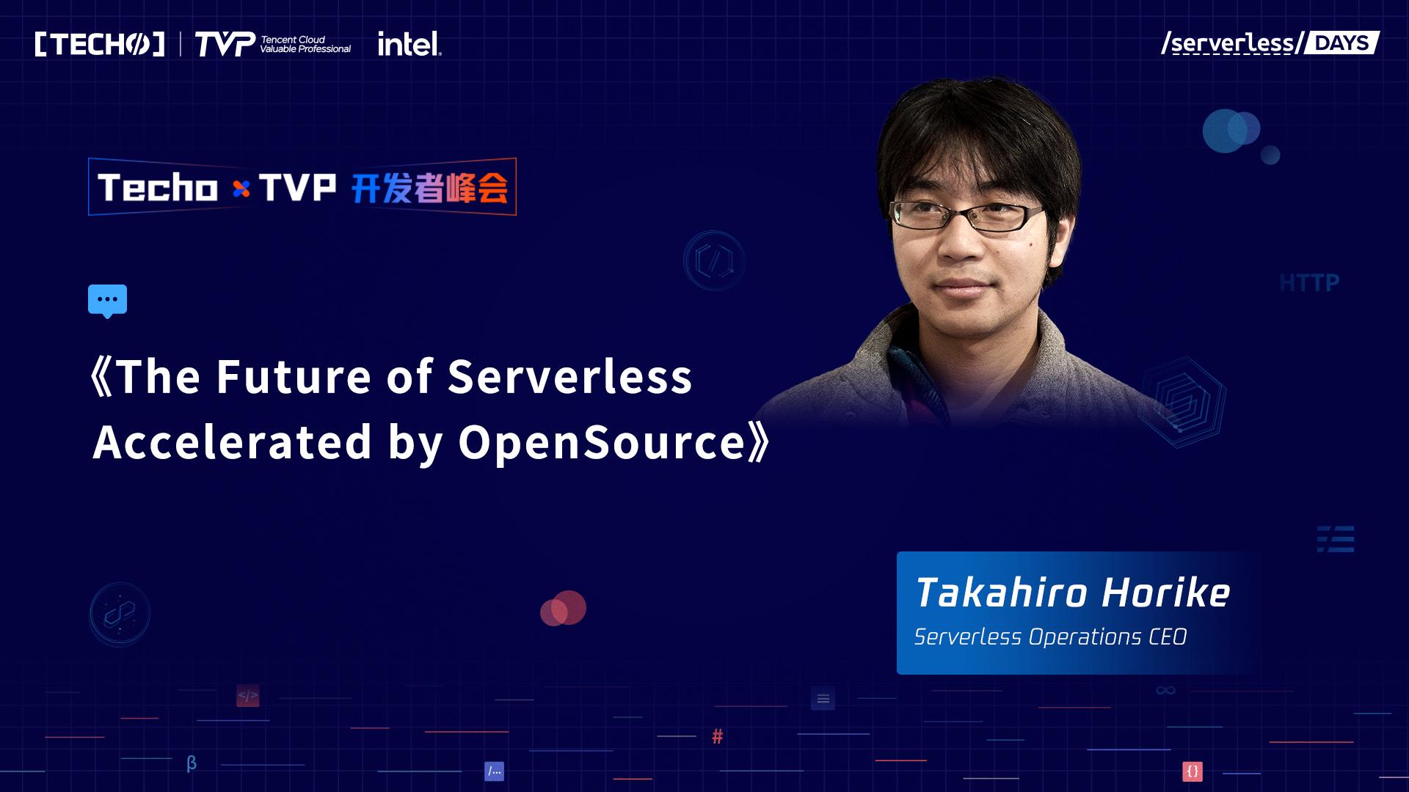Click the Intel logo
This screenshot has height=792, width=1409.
click(x=409, y=44)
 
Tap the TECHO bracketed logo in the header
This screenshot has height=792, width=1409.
click(x=100, y=44)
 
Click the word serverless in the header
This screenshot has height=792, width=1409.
click(x=1232, y=43)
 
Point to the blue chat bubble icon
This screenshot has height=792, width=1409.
click(x=107, y=301)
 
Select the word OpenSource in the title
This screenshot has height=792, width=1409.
click(x=602, y=443)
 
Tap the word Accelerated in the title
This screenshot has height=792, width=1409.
click(x=233, y=442)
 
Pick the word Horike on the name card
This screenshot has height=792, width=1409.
click(x=1166, y=593)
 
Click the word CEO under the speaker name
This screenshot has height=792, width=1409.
click(x=1168, y=637)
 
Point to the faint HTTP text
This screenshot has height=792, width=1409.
click(x=1309, y=283)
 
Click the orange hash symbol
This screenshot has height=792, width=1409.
click(x=717, y=736)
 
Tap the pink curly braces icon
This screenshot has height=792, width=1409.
click(x=1193, y=771)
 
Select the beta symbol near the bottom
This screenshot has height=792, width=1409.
click(x=192, y=763)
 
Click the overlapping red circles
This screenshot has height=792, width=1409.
click(x=563, y=608)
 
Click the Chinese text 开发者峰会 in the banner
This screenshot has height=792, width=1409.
click(x=429, y=188)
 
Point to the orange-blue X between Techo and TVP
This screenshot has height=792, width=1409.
click(x=241, y=189)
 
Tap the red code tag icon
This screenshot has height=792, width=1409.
click(x=248, y=696)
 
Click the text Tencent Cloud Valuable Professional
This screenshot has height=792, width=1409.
click(x=305, y=44)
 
